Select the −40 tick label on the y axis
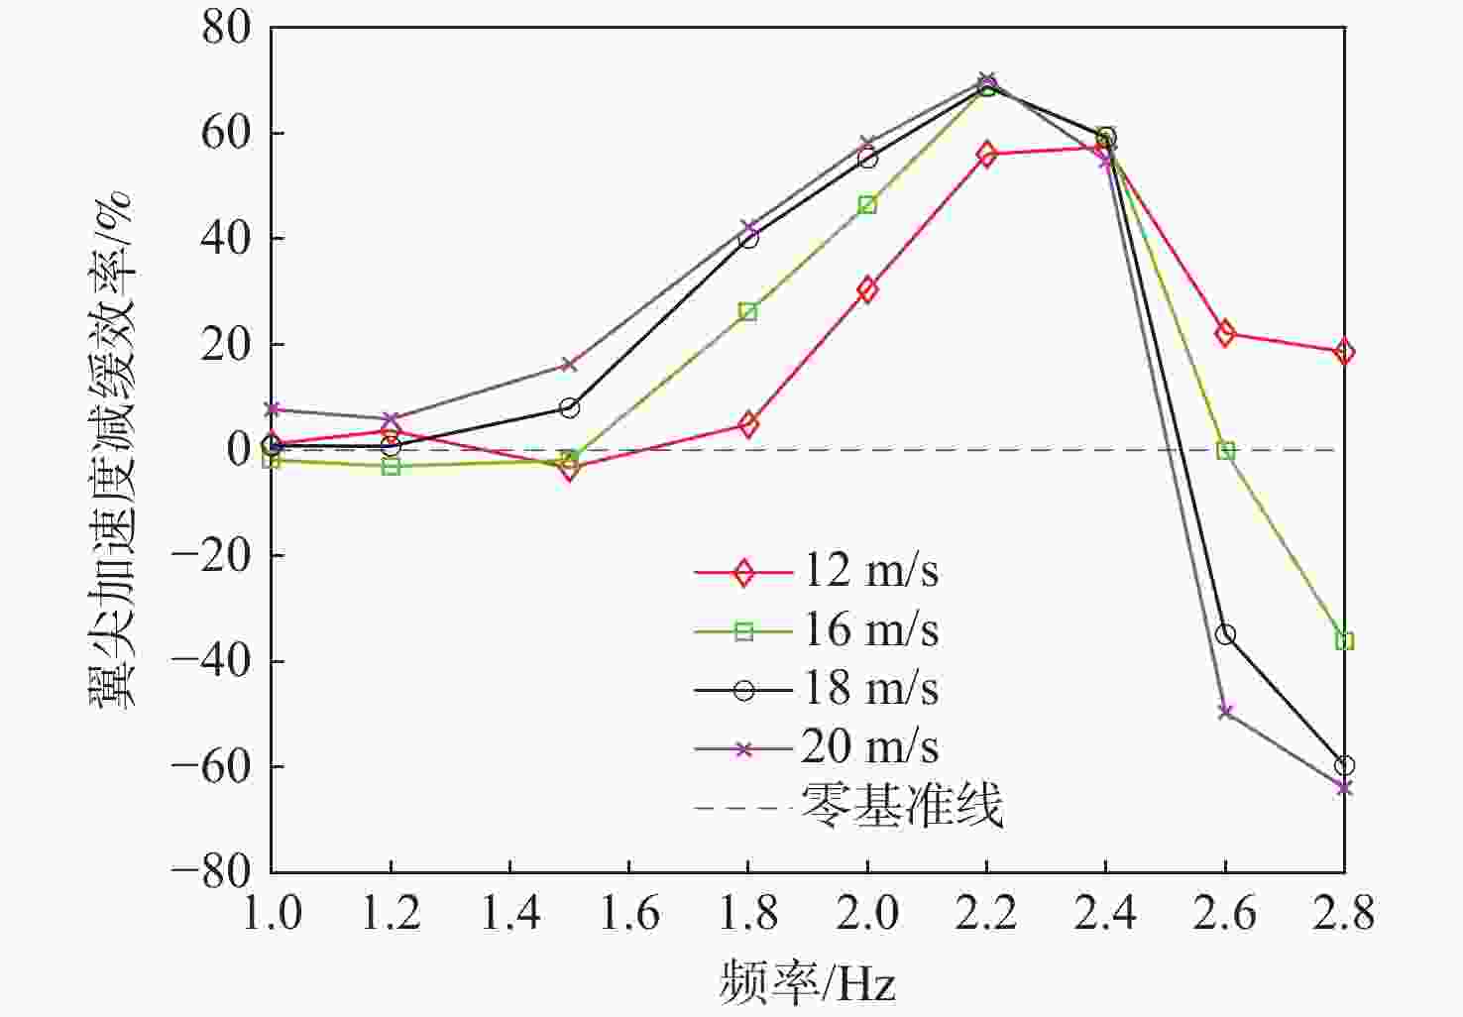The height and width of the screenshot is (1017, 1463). pos(211,661)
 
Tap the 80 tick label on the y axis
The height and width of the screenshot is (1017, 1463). pos(227,28)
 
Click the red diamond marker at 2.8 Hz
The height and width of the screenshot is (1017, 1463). pos(1344,352)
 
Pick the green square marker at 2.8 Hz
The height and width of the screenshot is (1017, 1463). pos(1344,641)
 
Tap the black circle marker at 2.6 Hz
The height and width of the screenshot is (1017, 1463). pos(1225,634)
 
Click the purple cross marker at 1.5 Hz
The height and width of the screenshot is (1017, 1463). pos(569,365)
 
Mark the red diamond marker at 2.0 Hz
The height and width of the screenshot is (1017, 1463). pos(867,290)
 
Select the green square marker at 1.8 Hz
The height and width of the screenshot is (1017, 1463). pos(748,312)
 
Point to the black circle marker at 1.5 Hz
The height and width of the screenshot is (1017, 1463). pos(569,407)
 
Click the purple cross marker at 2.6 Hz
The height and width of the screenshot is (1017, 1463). pos(1225,712)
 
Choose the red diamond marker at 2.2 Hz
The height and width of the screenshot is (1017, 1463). pos(986,155)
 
